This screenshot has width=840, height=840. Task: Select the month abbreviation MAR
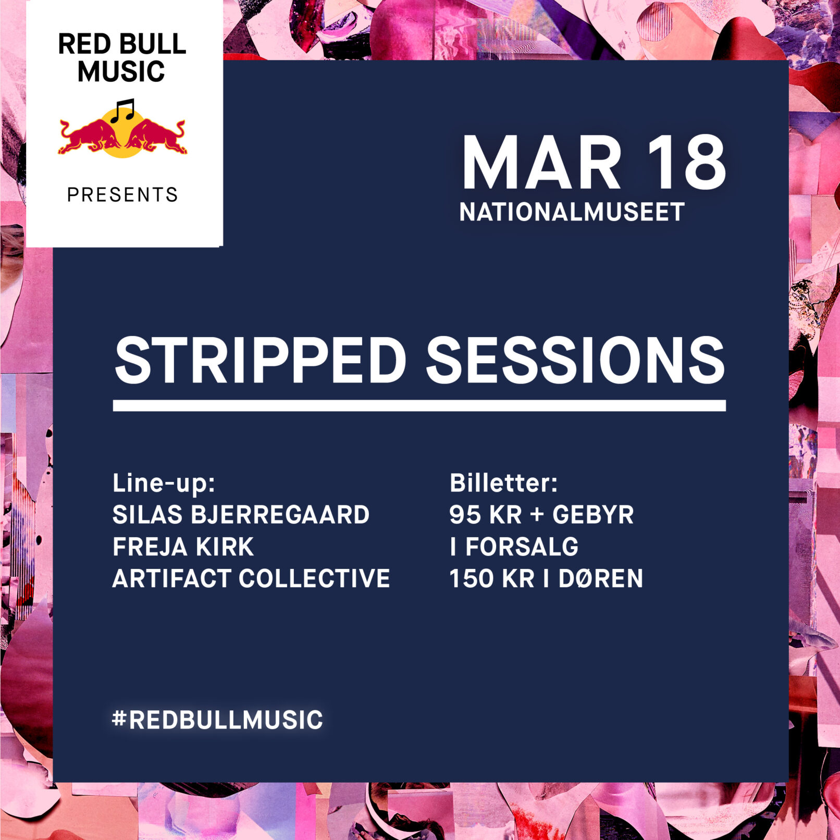tap(542, 163)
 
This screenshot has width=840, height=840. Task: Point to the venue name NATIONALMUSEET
tap(572, 212)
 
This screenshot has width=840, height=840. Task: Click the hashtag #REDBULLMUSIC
tap(218, 720)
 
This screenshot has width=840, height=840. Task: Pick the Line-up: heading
tap(164, 484)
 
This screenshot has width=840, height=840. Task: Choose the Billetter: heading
tap(503, 483)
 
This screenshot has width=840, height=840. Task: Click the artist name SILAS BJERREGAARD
tap(241, 515)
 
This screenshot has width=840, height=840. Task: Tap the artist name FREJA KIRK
tap(183, 547)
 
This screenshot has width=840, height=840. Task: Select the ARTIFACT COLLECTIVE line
tap(251, 578)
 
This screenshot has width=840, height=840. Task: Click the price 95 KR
tap(486, 515)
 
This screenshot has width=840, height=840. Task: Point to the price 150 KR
tap(492, 578)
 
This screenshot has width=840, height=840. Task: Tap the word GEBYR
tap(593, 515)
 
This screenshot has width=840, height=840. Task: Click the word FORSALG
tap(522, 547)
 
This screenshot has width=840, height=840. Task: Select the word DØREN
tap(601, 578)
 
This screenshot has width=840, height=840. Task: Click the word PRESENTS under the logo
tap(122, 194)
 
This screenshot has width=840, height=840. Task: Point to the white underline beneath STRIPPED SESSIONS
tap(419, 405)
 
